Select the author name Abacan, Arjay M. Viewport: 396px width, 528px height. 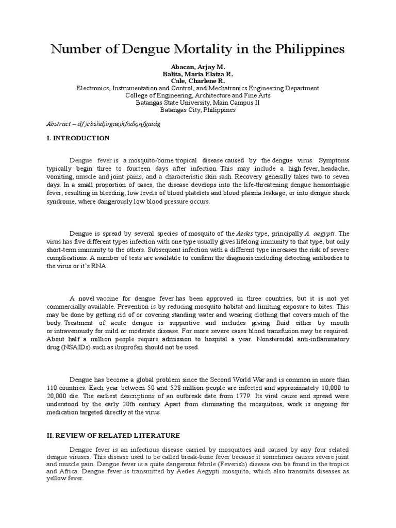click(197, 67)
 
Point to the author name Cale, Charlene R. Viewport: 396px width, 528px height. click(197, 81)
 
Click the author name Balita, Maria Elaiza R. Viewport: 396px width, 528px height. click(197, 74)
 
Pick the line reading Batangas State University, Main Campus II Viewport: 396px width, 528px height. click(197, 103)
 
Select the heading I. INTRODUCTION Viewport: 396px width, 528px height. click(77, 138)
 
